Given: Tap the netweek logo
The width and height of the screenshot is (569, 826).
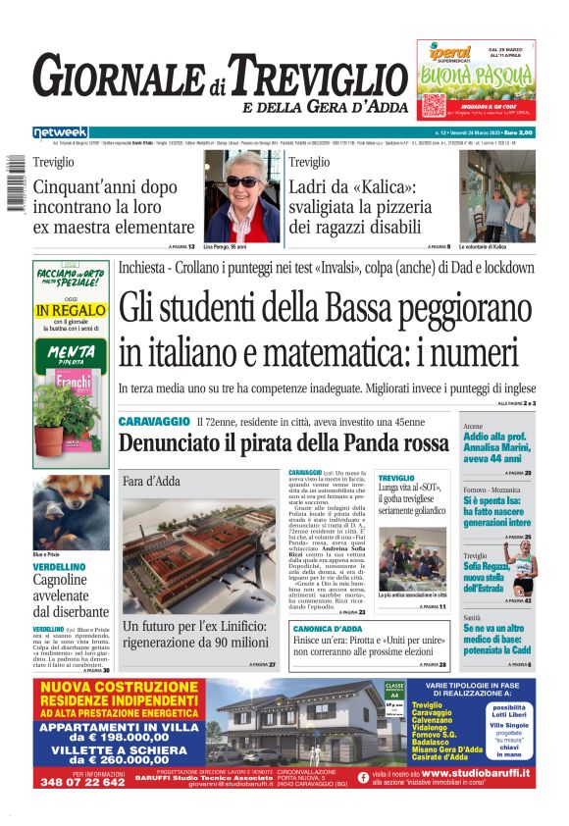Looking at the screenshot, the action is [59, 131].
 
